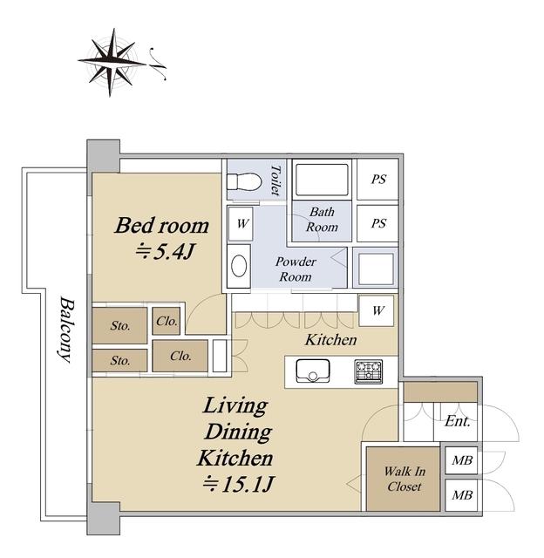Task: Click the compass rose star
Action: tap(112, 63)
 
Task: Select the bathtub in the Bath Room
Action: tap(322, 180)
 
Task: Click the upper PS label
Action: tap(378, 180)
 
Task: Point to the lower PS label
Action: tap(378, 223)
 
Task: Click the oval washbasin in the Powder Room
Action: tap(239, 265)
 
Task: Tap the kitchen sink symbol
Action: tap(313, 371)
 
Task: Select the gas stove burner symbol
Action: tap(369, 371)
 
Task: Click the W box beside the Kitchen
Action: tap(377, 310)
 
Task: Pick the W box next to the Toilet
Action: tap(241, 224)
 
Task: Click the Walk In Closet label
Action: tap(405, 479)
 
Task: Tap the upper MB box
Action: tap(461, 460)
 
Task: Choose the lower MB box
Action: tap(461, 495)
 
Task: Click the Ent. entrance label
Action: tap(457, 421)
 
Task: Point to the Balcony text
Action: tap(66, 330)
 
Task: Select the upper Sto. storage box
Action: tap(119, 325)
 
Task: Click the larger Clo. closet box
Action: tap(180, 356)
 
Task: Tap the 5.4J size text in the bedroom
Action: tap(165, 252)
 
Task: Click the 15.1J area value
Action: tap(238, 485)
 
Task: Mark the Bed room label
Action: tap(161, 226)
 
